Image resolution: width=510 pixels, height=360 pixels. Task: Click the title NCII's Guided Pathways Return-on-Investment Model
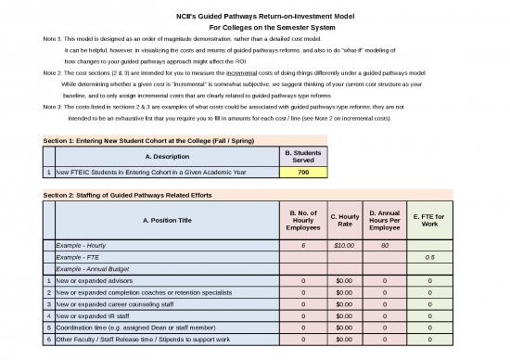[x=254, y=14]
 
